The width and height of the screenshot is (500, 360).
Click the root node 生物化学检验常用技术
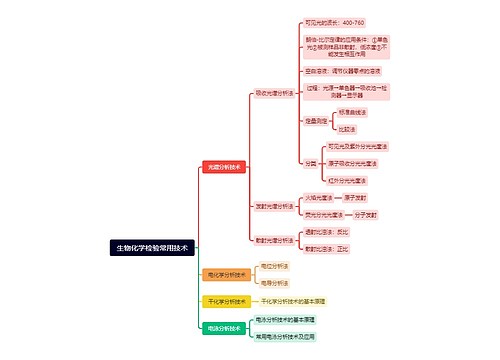click(151, 246)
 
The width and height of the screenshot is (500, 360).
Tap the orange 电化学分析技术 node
click(224, 273)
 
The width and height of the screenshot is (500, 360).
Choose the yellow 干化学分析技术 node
click(224, 300)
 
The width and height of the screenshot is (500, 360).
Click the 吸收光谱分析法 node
click(274, 92)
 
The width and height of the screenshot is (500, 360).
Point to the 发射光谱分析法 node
click(274, 206)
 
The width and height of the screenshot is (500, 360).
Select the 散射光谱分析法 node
click(274, 240)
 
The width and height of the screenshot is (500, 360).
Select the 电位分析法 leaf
click(274, 265)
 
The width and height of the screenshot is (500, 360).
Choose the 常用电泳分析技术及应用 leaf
click(299, 337)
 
